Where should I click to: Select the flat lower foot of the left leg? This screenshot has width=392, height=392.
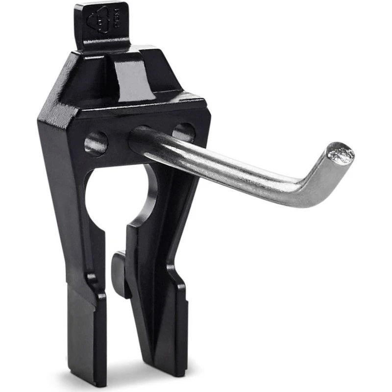click(86, 333)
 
